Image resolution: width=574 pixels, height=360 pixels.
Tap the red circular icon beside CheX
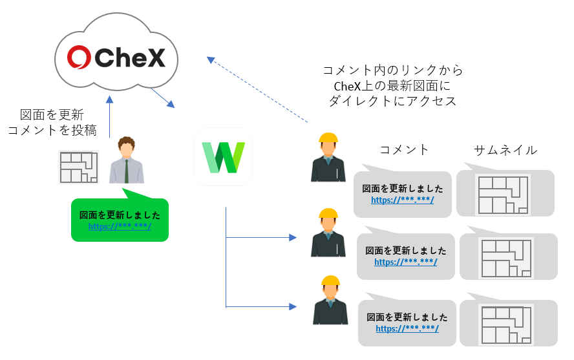(80, 58)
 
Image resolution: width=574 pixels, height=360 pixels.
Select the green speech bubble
(120, 220)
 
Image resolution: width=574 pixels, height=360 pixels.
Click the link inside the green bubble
(120, 226)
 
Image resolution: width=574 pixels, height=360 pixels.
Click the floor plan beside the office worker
(78, 167)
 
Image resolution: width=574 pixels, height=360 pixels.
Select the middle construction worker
(328, 233)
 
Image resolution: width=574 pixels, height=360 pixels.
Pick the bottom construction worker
(330, 300)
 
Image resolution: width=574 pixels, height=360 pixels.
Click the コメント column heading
(404, 150)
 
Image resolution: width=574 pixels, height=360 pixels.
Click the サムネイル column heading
(505, 150)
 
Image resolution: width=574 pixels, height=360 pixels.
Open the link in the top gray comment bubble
(402, 200)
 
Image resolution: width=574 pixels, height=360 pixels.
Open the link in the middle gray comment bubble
(405, 262)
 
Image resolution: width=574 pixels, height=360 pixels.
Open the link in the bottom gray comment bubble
(407, 328)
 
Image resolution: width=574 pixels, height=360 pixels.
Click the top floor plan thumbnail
(504, 194)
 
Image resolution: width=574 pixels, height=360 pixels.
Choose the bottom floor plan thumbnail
(507, 324)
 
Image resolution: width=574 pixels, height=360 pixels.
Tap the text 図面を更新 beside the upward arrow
(52, 115)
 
